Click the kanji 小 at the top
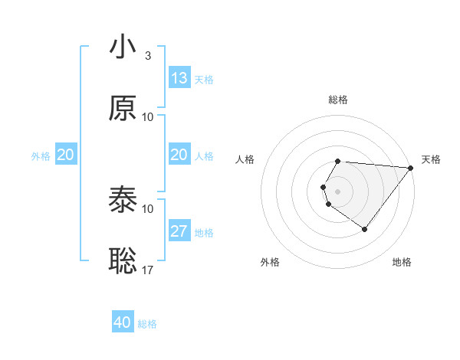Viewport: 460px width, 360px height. pos(123,47)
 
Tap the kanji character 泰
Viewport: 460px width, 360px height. pos(123,201)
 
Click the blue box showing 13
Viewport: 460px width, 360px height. pos(179,78)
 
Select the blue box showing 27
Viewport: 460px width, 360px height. pos(179,231)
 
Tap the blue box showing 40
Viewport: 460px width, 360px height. pos(123,322)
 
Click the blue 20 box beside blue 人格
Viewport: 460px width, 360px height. pos(179,155)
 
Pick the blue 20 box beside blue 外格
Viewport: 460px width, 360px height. pos(66,155)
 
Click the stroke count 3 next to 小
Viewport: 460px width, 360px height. pos(147,56)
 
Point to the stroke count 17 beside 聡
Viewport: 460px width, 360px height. pos(148,270)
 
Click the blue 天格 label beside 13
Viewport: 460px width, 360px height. pos(204,80)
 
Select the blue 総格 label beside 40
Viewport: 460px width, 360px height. pos(147,324)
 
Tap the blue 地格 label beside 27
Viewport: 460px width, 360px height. pos(204,233)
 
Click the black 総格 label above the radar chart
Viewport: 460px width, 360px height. pos(338,100)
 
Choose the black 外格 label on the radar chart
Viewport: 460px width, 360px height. pos(270,262)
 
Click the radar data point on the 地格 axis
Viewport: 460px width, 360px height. pos(364,229)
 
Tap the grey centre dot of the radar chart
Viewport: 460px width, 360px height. pos(338,190)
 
